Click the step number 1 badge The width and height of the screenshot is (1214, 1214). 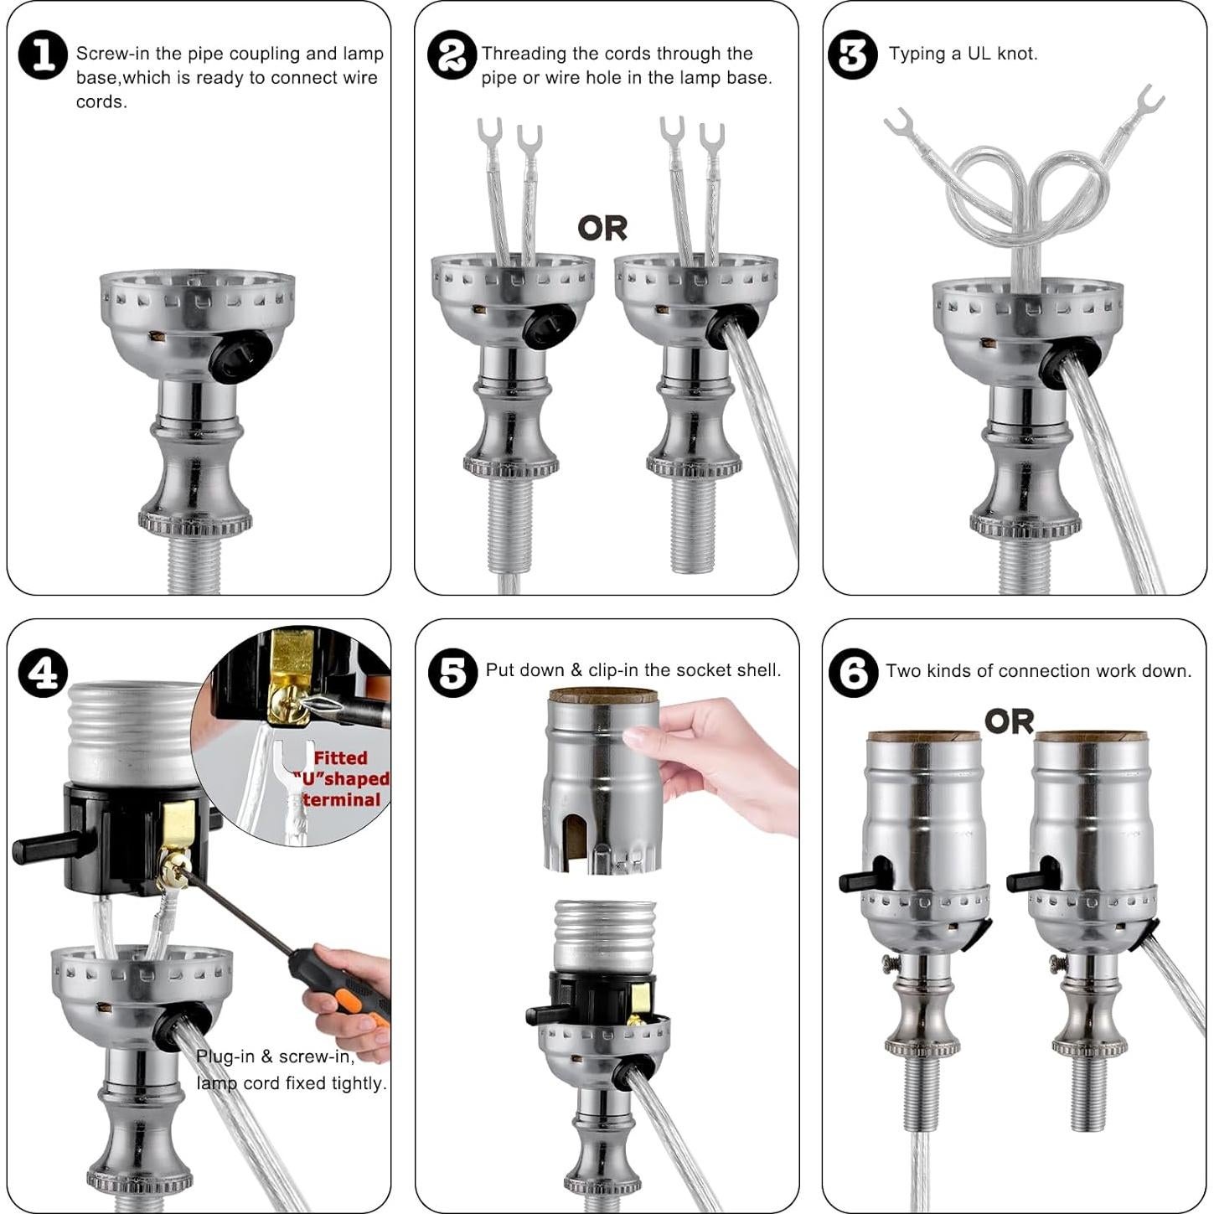pyautogui.click(x=44, y=56)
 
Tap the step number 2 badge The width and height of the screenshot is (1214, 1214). pyautogui.click(x=452, y=56)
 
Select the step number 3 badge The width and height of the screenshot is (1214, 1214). pyautogui.click(x=852, y=55)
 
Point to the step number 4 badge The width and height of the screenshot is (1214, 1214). pyautogui.click(x=44, y=673)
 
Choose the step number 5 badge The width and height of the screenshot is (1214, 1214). pyautogui.click(x=452, y=673)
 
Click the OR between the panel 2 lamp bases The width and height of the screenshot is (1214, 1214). pyautogui.click(x=602, y=229)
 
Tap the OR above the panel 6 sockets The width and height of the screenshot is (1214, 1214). pyautogui.click(x=1010, y=721)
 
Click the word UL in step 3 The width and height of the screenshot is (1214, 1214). pyautogui.click(x=979, y=54)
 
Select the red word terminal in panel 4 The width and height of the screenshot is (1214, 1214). pyautogui.click(x=343, y=800)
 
